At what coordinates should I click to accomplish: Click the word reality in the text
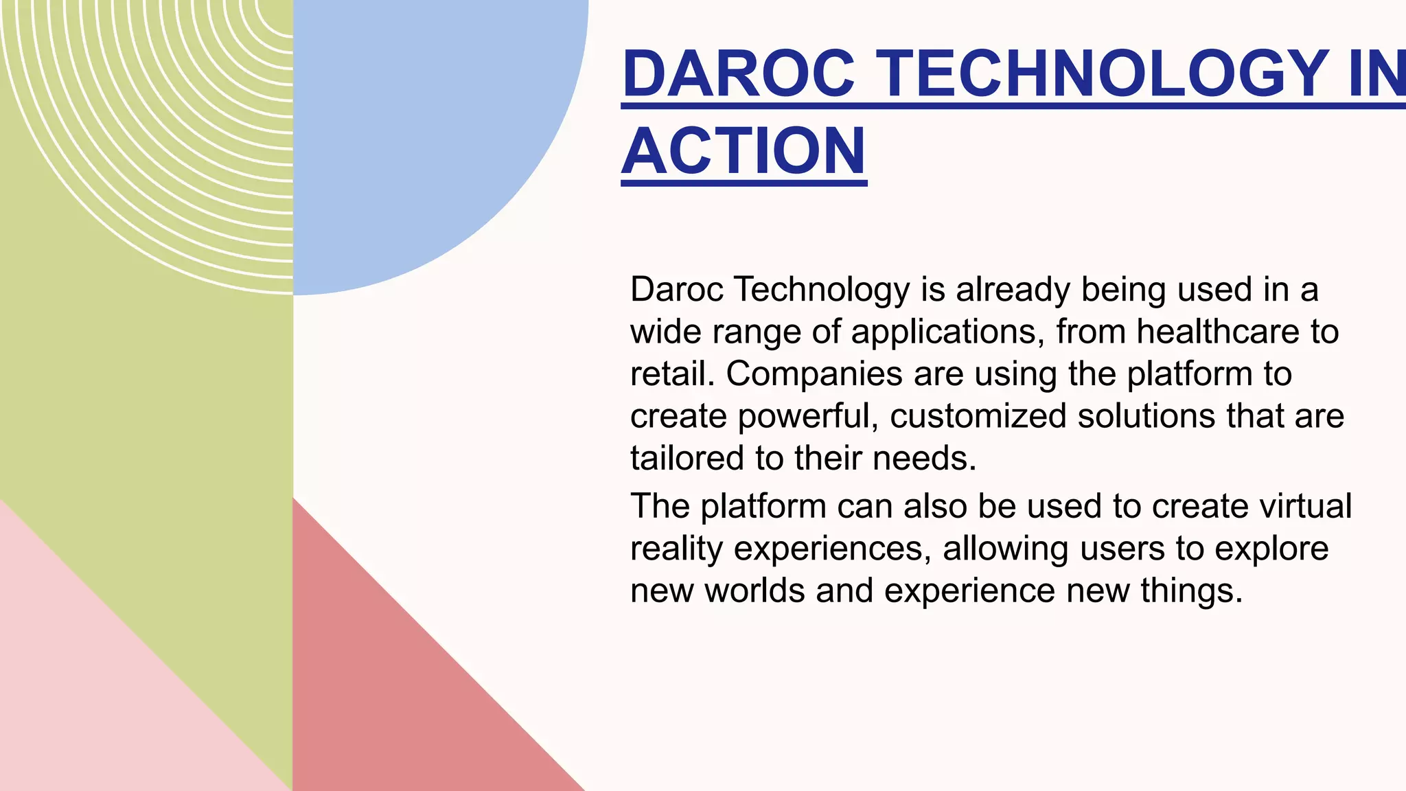tap(676, 549)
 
